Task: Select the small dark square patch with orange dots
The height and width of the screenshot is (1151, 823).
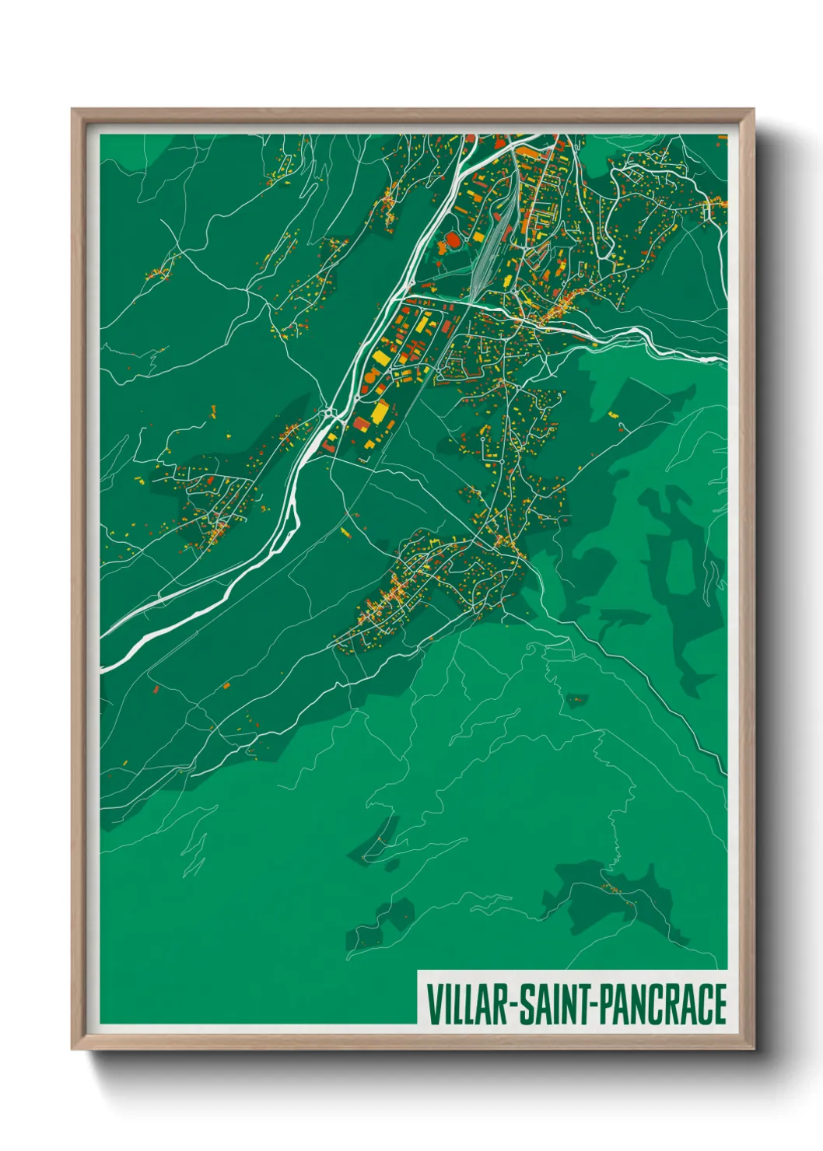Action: point(576,701)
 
